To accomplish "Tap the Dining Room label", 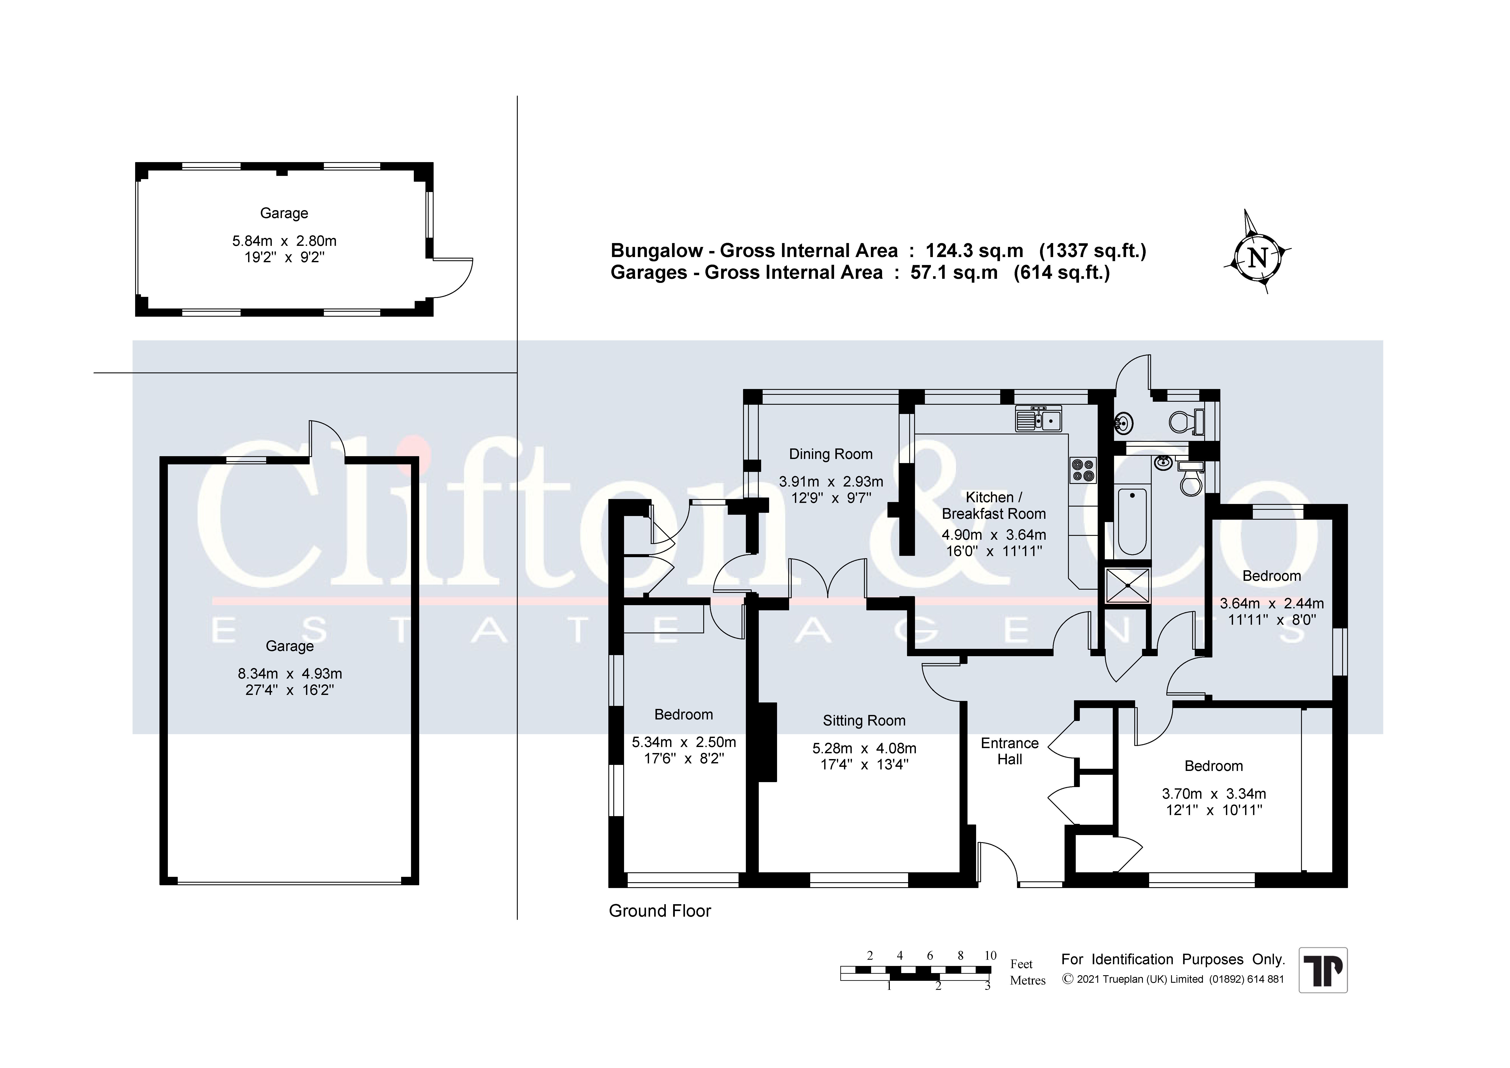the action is [x=831, y=454].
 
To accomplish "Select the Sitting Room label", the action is [x=864, y=721].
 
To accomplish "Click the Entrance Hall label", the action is [x=1009, y=751].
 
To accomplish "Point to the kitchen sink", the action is [x=1039, y=419].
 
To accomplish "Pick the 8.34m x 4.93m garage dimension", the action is [x=290, y=674].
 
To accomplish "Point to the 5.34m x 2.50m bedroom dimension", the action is [x=684, y=742].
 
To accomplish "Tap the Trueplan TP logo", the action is [x=1323, y=970].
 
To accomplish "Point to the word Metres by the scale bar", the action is [x=1028, y=980].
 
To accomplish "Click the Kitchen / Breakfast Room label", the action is [x=994, y=505].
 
